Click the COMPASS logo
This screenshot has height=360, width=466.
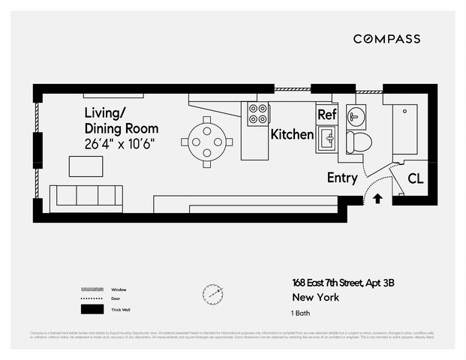386,38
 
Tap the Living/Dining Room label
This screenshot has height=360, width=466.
121,121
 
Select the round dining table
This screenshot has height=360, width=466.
207,139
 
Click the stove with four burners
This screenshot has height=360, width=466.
258,114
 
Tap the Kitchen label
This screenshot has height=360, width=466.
291,135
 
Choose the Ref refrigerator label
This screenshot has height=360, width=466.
326,115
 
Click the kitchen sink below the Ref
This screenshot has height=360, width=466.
327,138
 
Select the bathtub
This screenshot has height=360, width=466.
404,128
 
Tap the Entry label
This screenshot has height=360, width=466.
342,178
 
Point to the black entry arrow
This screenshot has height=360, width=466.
377,199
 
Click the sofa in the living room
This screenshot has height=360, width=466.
86,196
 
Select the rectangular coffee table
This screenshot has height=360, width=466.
86,165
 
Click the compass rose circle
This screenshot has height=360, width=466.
212,292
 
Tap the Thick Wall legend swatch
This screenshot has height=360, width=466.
92,309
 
